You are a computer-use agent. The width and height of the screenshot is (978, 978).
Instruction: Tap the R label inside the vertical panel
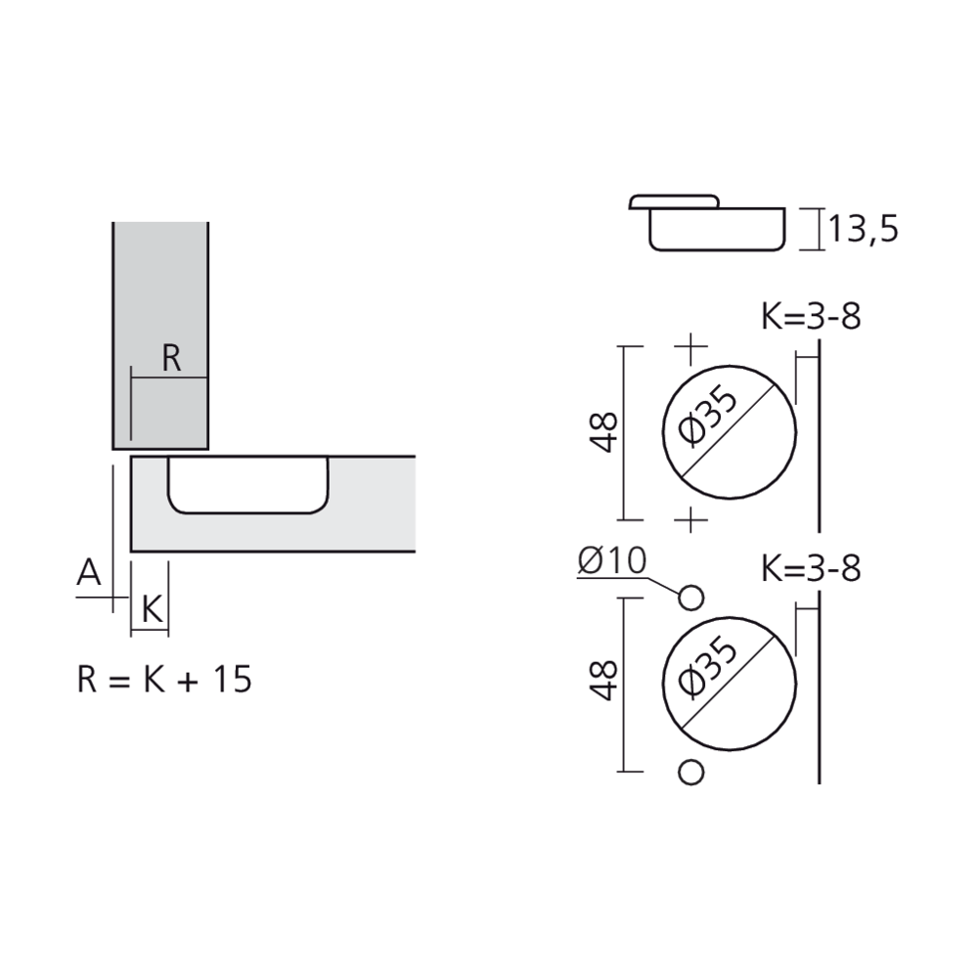[x=171, y=359]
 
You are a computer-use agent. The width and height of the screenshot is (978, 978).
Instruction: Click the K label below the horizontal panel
[x=151, y=609]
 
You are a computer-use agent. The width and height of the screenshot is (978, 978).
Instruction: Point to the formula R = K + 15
[x=164, y=679]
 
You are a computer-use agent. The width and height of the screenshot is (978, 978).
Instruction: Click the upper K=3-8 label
[x=811, y=317]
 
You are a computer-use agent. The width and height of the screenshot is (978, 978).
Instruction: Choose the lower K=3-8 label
[x=811, y=568]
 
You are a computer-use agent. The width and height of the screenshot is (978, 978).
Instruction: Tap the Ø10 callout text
[x=611, y=560]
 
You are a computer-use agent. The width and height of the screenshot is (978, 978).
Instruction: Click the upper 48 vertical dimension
[x=606, y=431]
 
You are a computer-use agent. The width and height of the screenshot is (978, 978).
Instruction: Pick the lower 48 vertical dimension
[x=606, y=681]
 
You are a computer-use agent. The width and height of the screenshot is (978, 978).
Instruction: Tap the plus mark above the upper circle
[x=691, y=346]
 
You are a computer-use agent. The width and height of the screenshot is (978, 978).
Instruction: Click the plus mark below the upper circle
[x=691, y=518]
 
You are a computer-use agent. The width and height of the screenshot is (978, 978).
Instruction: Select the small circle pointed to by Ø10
[x=691, y=597]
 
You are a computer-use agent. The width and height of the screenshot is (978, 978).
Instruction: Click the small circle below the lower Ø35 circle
[x=691, y=772]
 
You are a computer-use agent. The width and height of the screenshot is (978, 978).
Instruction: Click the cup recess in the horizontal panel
[x=247, y=483]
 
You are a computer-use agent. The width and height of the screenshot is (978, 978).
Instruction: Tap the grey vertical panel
[x=160, y=293]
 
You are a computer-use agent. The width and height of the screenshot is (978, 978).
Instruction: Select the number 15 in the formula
[x=232, y=679]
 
